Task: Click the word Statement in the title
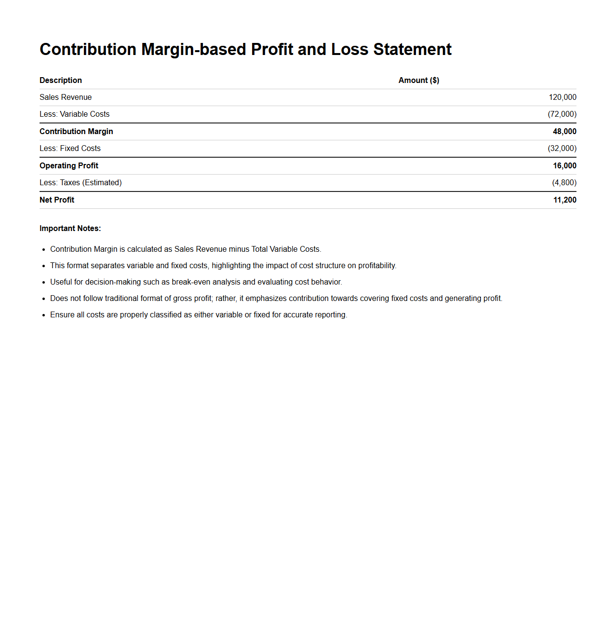point(412,49)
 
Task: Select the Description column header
point(61,80)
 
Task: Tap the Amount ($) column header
point(418,80)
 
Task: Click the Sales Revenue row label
point(66,97)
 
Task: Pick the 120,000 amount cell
point(562,97)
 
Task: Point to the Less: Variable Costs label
point(74,114)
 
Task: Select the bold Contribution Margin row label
point(76,131)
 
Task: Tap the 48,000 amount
point(564,131)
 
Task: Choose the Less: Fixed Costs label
point(70,148)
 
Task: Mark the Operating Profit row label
point(69,165)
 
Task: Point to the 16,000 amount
point(564,165)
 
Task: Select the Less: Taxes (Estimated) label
point(80,182)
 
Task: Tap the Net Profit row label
point(57,200)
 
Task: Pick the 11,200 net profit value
point(564,200)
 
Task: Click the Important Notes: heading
point(70,228)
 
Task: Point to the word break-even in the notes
point(189,282)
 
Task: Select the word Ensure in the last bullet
point(62,314)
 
